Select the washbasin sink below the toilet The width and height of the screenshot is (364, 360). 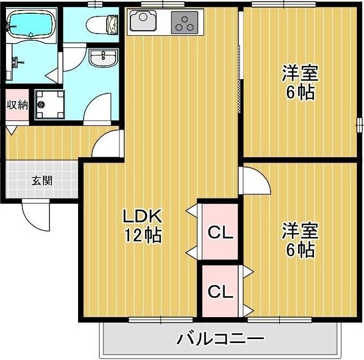[x=103, y=58]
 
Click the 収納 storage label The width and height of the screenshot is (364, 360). [x=16, y=105]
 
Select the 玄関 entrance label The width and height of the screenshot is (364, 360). [x=41, y=180]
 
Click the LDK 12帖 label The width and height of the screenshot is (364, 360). [x=142, y=225]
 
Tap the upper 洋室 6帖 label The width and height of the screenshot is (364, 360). [x=300, y=82]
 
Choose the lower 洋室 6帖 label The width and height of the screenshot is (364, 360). [x=300, y=240]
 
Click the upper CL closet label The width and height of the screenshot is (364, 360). [x=220, y=232]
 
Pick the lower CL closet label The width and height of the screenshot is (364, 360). [x=220, y=292]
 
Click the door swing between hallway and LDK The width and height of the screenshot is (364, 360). [x=106, y=144]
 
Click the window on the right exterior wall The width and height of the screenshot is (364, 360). [x=359, y=124]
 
